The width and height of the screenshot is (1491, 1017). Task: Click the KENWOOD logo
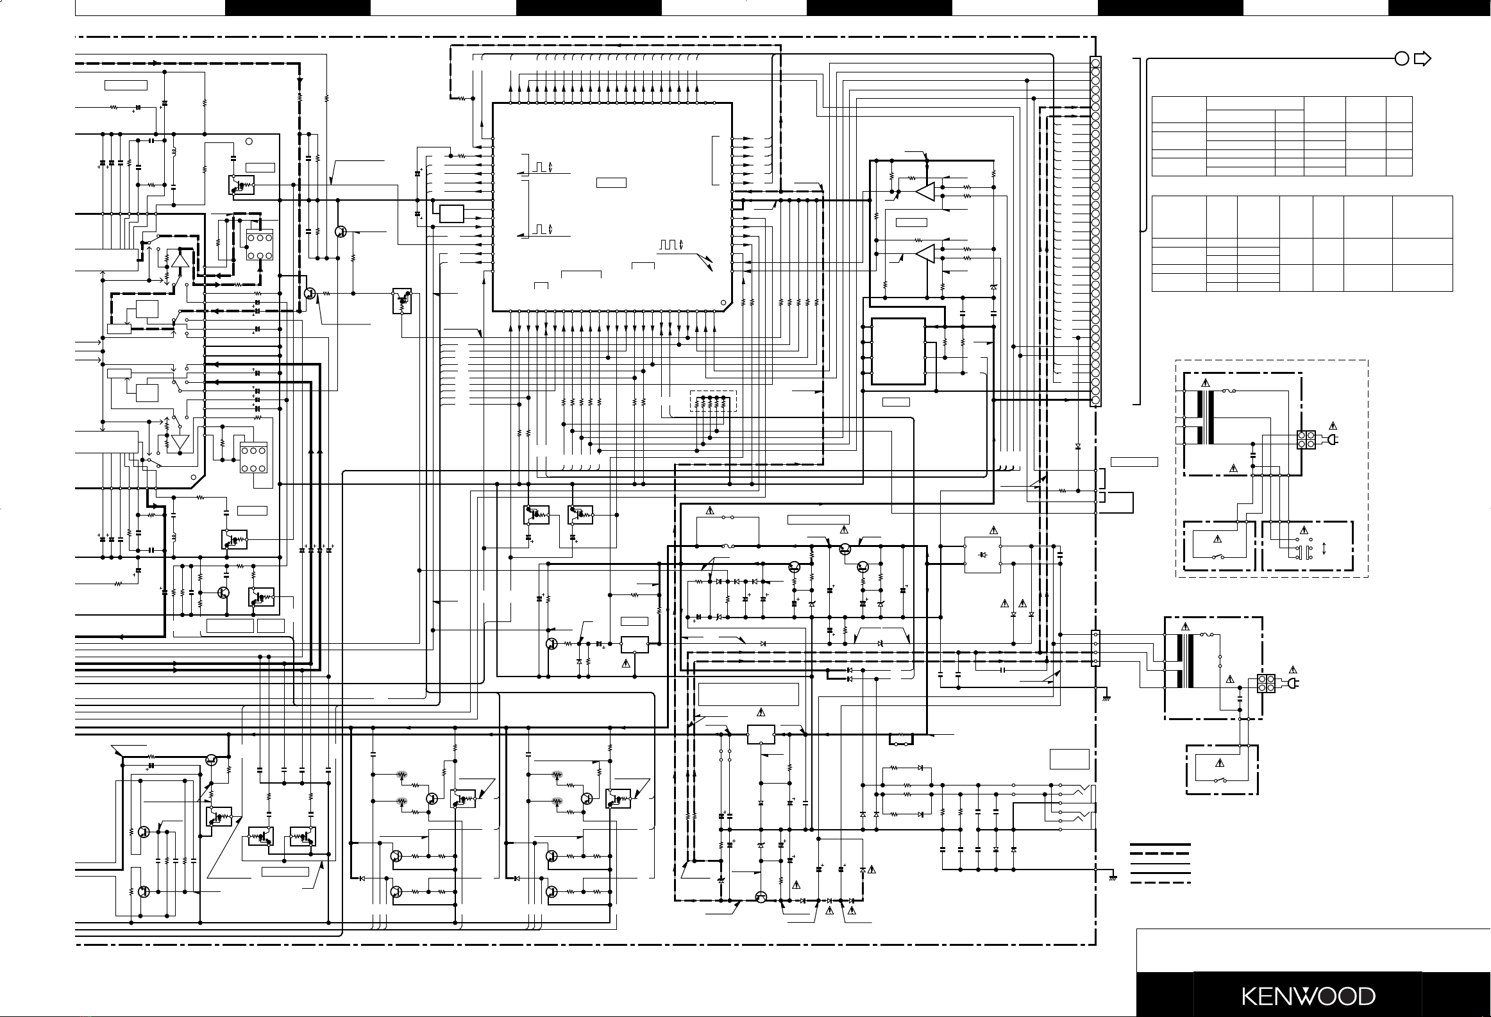(1309, 996)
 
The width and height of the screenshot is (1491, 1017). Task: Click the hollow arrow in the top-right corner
(1422, 59)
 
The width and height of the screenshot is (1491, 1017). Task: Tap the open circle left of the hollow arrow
(1402, 59)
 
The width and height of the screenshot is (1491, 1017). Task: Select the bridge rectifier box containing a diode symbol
(982, 555)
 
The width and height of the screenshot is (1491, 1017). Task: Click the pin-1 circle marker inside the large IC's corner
(723, 303)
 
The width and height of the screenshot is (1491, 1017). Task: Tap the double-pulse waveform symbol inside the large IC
(670, 245)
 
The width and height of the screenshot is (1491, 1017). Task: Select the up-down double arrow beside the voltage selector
(1324, 550)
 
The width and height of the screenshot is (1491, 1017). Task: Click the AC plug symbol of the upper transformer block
(1331, 440)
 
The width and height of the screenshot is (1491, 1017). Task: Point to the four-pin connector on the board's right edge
(1096, 648)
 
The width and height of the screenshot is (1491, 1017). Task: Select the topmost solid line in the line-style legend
(1160, 845)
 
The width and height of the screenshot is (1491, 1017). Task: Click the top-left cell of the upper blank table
(1179, 110)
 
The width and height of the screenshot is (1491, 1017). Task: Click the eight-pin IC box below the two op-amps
(898, 351)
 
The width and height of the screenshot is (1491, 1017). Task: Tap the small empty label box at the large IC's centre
(611, 183)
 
